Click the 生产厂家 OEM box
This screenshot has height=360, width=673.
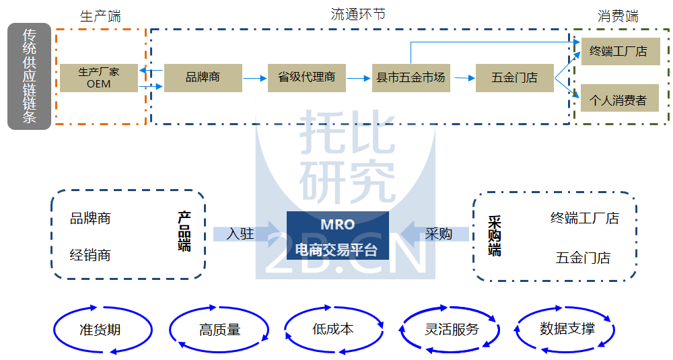point(98,77)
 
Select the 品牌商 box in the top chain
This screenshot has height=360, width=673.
point(203,77)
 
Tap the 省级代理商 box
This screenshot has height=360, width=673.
point(307,77)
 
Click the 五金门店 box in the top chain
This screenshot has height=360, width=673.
point(515,77)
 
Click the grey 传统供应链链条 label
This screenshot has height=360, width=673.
point(29,76)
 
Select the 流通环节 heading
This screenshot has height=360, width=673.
point(358,14)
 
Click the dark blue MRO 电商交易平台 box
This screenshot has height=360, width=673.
point(337,236)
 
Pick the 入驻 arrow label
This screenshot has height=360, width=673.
point(240,233)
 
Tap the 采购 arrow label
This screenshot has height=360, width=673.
point(438,233)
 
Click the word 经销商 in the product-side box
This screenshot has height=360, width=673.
point(90,255)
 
